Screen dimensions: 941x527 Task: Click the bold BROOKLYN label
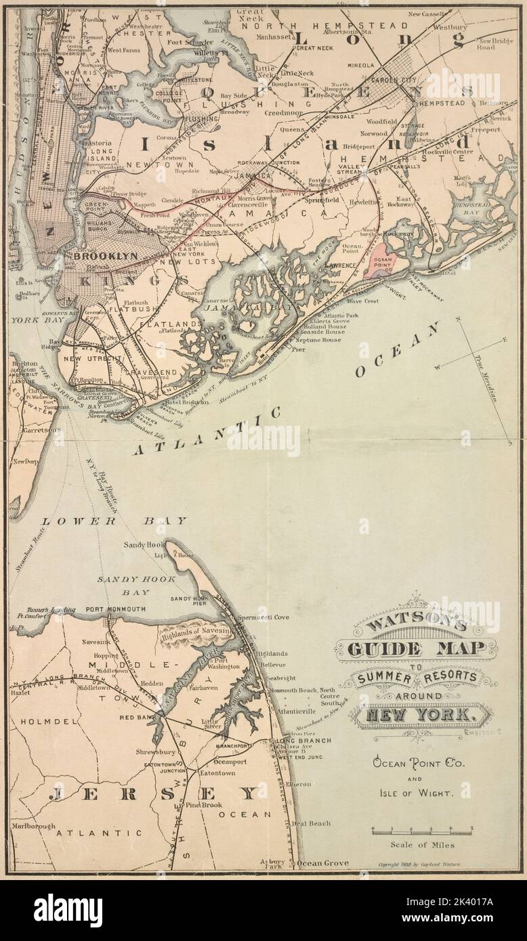tap(105, 256)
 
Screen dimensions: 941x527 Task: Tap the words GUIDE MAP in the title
tap(416, 649)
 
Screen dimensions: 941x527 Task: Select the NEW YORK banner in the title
tap(421, 713)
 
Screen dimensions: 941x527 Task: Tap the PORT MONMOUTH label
tap(115, 609)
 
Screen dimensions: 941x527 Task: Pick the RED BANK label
tap(134, 716)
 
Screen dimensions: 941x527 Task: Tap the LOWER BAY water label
tap(114, 521)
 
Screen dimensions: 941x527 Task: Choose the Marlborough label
tap(33, 827)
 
